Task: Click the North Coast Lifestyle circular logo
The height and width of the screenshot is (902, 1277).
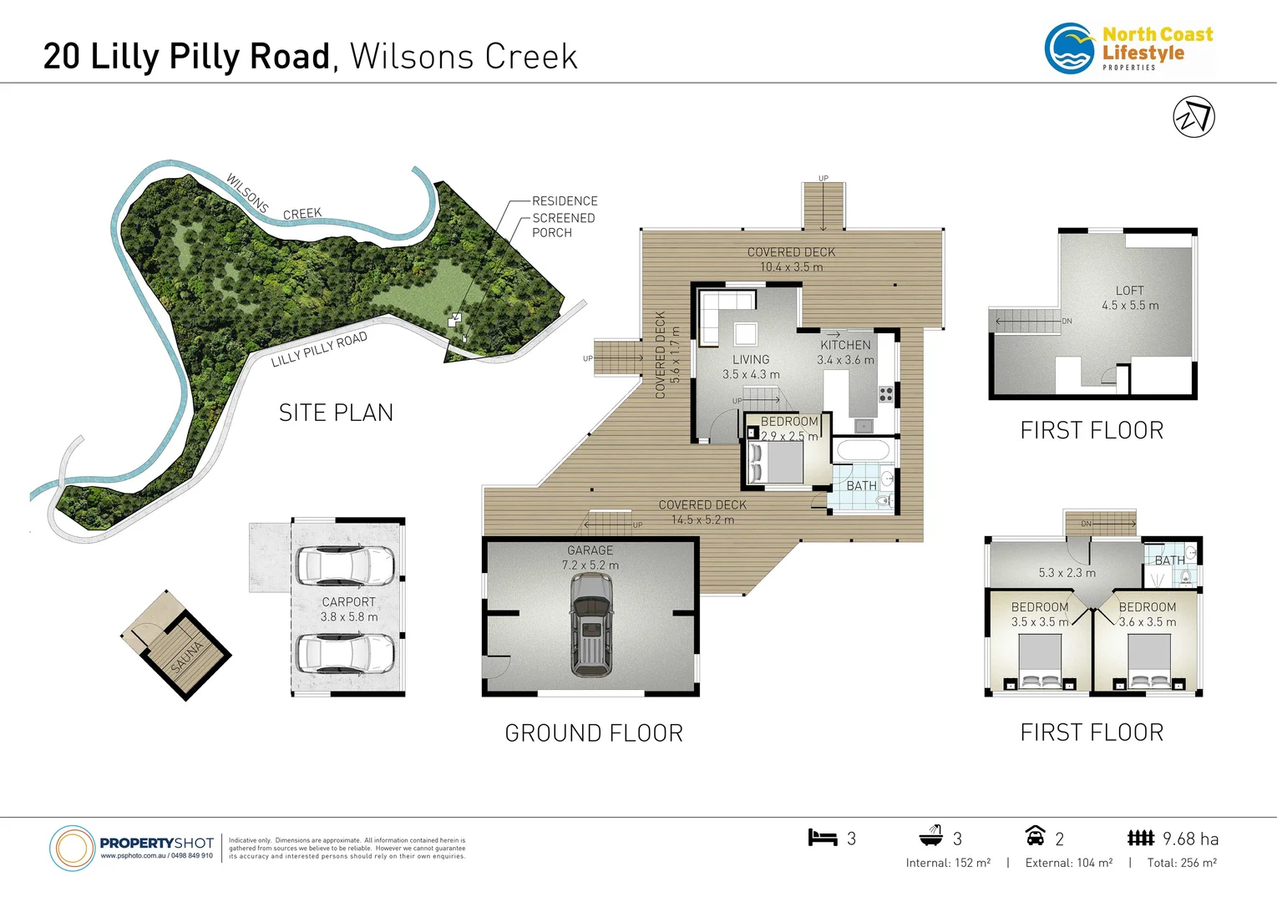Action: [1070, 48]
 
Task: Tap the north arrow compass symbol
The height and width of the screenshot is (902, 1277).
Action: [1193, 117]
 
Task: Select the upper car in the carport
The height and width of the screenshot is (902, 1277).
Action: [347, 565]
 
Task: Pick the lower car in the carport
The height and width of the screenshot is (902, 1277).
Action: [347, 653]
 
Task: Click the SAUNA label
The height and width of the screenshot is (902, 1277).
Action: [187, 656]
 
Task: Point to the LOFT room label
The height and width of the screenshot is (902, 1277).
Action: [1129, 291]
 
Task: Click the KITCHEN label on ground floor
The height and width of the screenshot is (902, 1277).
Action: [845, 345]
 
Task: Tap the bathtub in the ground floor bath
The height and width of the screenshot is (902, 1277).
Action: [864, 452]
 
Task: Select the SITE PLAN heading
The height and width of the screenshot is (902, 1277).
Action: [336, 413]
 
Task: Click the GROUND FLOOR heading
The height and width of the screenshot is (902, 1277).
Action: [594, 732]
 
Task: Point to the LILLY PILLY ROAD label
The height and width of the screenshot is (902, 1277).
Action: [319, 350]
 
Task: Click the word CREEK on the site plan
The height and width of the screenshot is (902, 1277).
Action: [302, 214]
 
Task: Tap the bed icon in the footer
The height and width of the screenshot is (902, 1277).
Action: [822, 837]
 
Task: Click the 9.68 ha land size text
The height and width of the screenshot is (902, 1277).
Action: [1190, 839]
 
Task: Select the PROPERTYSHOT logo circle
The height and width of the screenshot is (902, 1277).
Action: [72, 849]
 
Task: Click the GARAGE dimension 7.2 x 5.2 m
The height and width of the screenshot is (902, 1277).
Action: [590, 565]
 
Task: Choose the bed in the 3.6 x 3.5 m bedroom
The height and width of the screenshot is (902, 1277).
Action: [1149, 662]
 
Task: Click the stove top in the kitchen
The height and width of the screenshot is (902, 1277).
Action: [886, 394]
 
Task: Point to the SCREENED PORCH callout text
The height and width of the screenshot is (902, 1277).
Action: [563, 225]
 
